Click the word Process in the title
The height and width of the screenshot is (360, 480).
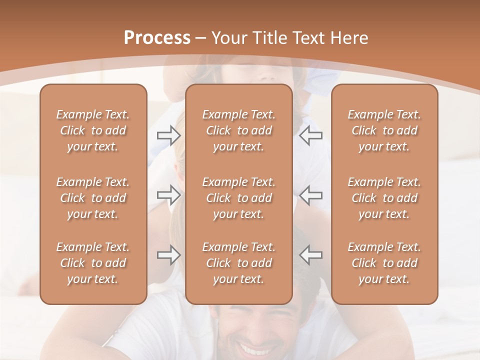click(x=157, y=38)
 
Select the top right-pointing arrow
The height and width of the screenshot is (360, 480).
click(x=168, y=135)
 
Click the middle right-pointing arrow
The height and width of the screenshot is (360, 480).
click(x=168, y=195)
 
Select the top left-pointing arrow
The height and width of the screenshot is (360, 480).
click(x=310, y=135)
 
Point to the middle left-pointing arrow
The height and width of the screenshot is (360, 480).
click(x=310, y=195)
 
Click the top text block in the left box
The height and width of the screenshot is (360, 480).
click(x=93, y=130)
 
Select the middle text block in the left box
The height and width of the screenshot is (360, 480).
click(x=93, y=198)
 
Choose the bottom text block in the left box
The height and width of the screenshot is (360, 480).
click(x=93, y=263)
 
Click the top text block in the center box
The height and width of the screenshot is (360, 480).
click(x=239, y=130)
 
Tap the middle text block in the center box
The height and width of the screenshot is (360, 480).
click(x=239, y=198)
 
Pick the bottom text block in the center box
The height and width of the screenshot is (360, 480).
click(x=239, y=263)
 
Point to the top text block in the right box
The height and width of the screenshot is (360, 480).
click(x=384, y=130)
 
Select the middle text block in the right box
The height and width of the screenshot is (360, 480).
click(x=384, y=198)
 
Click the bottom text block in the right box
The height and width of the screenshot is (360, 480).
click(x=384, y=263)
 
